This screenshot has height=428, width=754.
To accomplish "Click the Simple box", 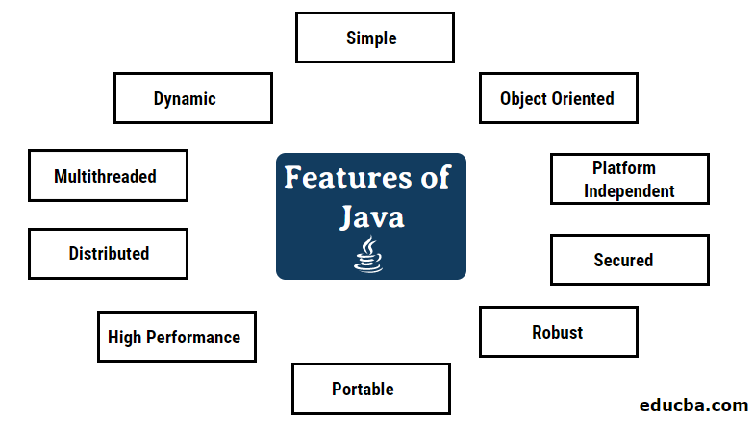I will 373,39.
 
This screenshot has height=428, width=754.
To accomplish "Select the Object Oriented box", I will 558,99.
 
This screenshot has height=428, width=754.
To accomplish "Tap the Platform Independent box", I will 630,180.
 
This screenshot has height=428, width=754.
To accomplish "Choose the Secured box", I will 630,261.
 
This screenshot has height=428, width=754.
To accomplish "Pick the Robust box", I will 558,333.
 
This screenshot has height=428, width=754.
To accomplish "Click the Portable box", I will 371,389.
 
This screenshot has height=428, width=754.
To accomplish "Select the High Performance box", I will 176,338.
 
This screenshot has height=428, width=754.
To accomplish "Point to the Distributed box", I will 109,254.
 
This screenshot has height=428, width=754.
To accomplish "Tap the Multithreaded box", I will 108,177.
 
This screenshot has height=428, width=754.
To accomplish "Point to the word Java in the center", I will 371,217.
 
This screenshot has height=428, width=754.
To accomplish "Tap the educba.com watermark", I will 697,406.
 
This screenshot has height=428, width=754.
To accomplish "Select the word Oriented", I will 583,98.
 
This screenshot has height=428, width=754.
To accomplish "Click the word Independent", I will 630,191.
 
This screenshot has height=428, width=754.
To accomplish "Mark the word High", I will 124,338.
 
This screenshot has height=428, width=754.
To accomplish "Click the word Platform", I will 624,168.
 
